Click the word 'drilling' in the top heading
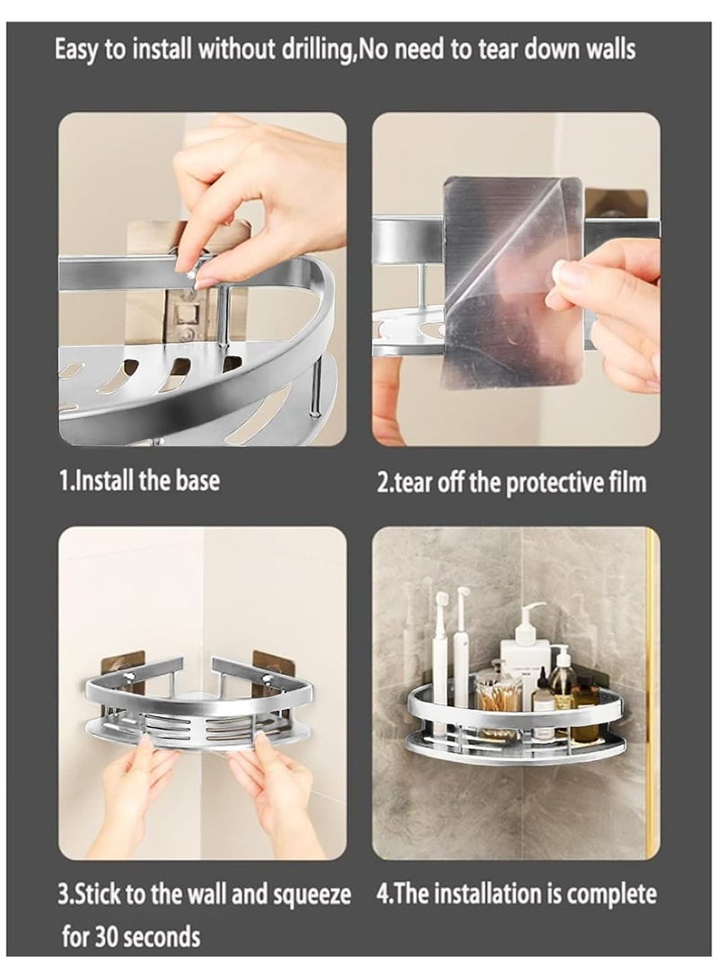click(x=305, y=49)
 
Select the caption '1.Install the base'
click(x=139, y=480)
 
